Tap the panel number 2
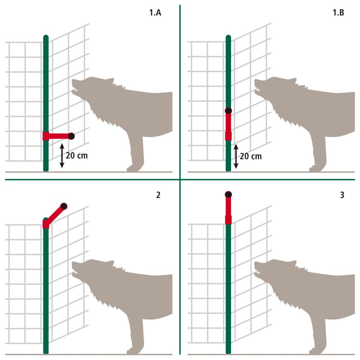pos(158,195)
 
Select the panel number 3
pos(342,195)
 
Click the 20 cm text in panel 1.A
pos(77,156)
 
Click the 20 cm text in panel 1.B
pos(251,156)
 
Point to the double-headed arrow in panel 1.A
pos(62,156)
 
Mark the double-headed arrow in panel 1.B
pos(236,156)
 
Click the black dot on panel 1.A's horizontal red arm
pos(71,136)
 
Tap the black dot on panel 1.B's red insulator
pos(228,111)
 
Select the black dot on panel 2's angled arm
pos(64,206)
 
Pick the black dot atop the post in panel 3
pos(228,195)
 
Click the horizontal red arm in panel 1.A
pos(58,136)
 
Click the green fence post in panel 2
pos(46,288)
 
